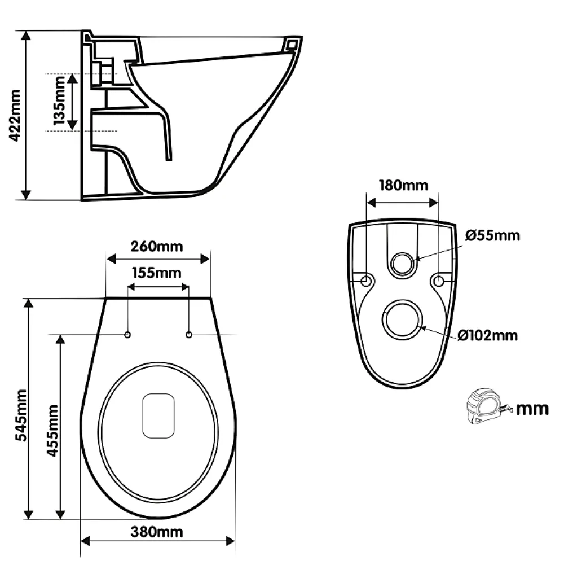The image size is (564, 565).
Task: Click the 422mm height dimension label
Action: pos(15,115)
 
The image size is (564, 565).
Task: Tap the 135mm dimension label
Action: pos(59,100)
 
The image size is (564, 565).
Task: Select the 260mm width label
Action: pos(157,247)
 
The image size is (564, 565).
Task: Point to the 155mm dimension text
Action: pos(157,273)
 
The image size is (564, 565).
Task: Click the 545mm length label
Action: pos(21,415)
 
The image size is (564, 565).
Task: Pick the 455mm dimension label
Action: pos(52,431)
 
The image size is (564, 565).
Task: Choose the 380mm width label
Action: pos(157,532)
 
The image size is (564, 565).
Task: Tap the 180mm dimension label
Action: pos(403,185)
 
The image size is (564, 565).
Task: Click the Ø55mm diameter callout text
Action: pos(493,235)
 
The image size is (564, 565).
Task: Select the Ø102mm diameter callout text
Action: pos(488,335)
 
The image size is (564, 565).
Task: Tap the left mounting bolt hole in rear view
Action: pos(366,281)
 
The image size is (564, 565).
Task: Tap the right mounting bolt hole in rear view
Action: pos(439,281)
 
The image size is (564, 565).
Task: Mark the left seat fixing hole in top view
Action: pos(127,335)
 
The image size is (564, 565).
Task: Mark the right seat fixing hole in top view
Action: pos(189,335)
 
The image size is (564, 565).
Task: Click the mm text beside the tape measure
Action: pos(532,409)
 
